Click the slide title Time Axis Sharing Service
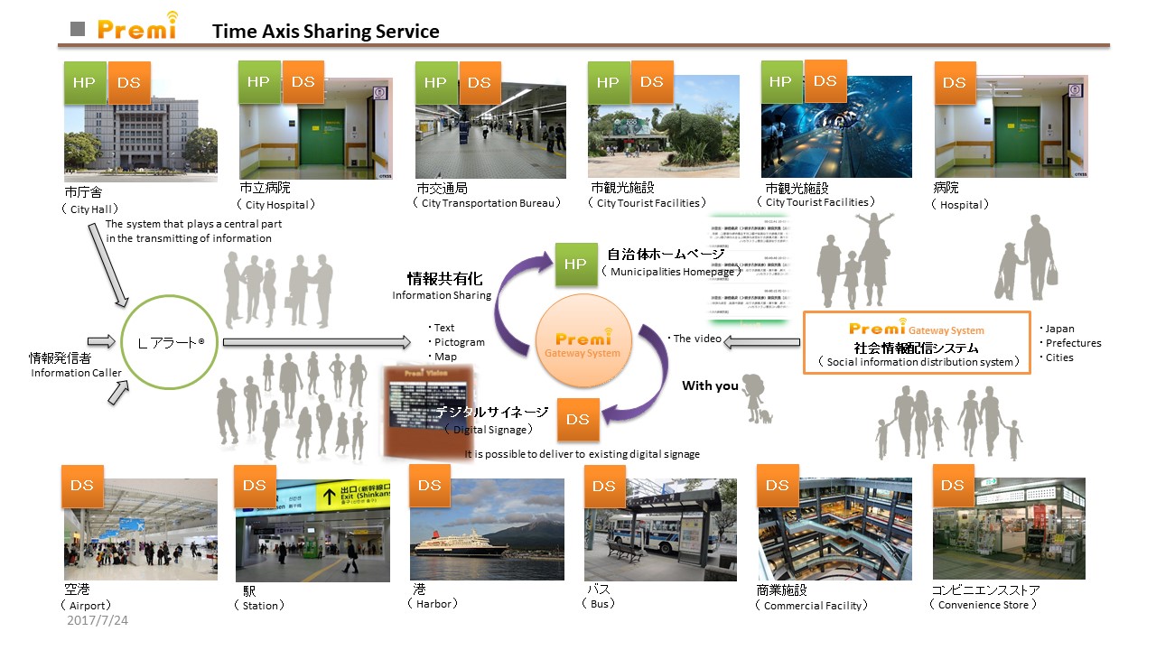tap(325, 32)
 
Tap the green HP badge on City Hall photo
tap(85, 83)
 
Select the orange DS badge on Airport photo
tap(82, 486)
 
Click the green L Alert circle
tap(171, 343)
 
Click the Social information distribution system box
tap(916, 342)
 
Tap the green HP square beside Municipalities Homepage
tap(575, 265)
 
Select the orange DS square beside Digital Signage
tap(578, 419)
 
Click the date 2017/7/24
tap(98, 621)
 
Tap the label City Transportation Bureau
tap(488, 203)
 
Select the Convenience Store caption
tap(983, 605)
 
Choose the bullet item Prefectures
tap(1072, 343)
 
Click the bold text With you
tap(709, 385)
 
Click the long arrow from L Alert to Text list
tap(315, 342)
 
